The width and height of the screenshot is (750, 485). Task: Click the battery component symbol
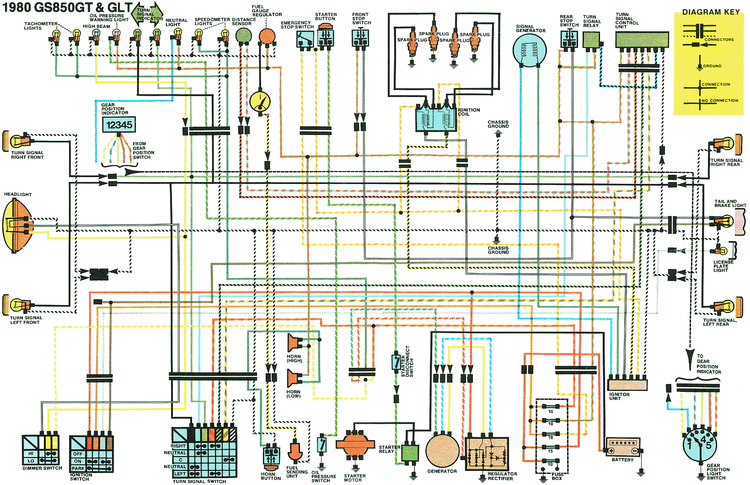(x=622, y=446)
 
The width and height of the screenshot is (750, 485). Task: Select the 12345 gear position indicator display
(x=119, y=124)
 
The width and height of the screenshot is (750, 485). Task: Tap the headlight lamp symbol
(x=17, y=226)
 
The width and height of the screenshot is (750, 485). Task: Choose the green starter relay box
(x=410, y=453)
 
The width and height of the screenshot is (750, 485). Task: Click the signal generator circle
(x=529, y=51)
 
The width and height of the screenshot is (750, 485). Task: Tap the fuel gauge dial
(x=260, y=102)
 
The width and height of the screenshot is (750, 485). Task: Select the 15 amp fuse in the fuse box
(x=551, y=451)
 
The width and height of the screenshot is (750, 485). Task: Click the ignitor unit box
(x=627, y=384)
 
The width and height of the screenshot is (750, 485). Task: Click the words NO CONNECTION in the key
(x=719, y=101)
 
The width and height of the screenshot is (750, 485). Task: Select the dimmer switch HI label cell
(x=31, y=453)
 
